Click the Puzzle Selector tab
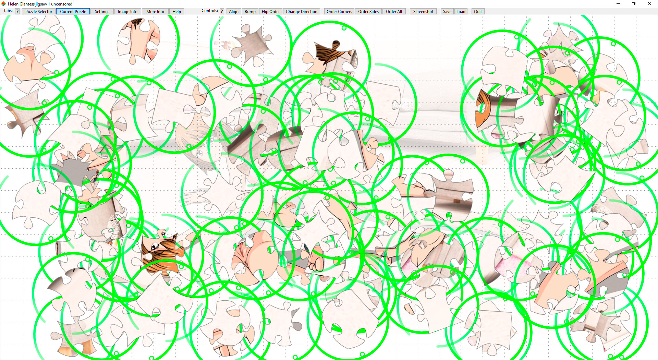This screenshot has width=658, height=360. tap(39, 11)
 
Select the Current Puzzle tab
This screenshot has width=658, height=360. tap(73, 11)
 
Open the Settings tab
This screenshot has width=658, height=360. tap(102, 11)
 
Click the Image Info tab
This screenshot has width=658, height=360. tap(127, 11)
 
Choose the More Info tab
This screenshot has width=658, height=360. tap(155, 11)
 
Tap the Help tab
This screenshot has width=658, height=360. tap(176, 11)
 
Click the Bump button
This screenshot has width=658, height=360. tap(250, 11)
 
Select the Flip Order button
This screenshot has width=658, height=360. tap(271, 11)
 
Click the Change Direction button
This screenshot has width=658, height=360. tap(302, 11)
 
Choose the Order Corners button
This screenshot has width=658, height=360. tap(339, 11)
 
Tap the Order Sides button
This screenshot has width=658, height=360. tap(368, 11)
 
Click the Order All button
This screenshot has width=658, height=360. tap(394, 11)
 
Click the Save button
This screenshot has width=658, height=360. tap(447, 11)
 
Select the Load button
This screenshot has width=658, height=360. tap(461, 11)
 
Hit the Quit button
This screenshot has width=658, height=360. tap(478, 11)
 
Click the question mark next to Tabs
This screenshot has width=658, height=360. tap(17, 11)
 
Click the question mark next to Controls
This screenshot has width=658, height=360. tap(222, 11)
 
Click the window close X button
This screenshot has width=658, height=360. tap(649, 4)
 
